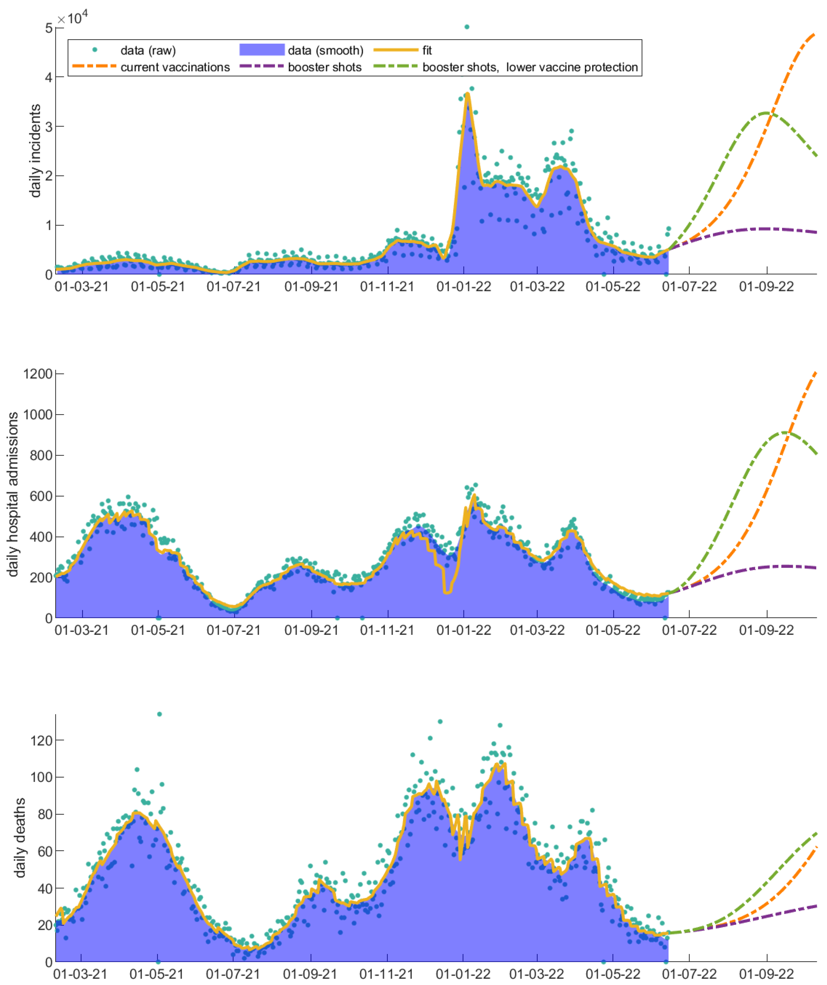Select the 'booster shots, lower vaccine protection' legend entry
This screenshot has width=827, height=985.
530,67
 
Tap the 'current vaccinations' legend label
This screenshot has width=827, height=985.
175,67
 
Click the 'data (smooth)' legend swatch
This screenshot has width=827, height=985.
262,50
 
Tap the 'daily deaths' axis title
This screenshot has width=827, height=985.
20,837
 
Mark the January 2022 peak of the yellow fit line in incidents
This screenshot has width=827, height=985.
467,93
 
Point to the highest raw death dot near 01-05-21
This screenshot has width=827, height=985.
159,714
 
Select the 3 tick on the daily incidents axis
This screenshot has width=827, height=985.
48,126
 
